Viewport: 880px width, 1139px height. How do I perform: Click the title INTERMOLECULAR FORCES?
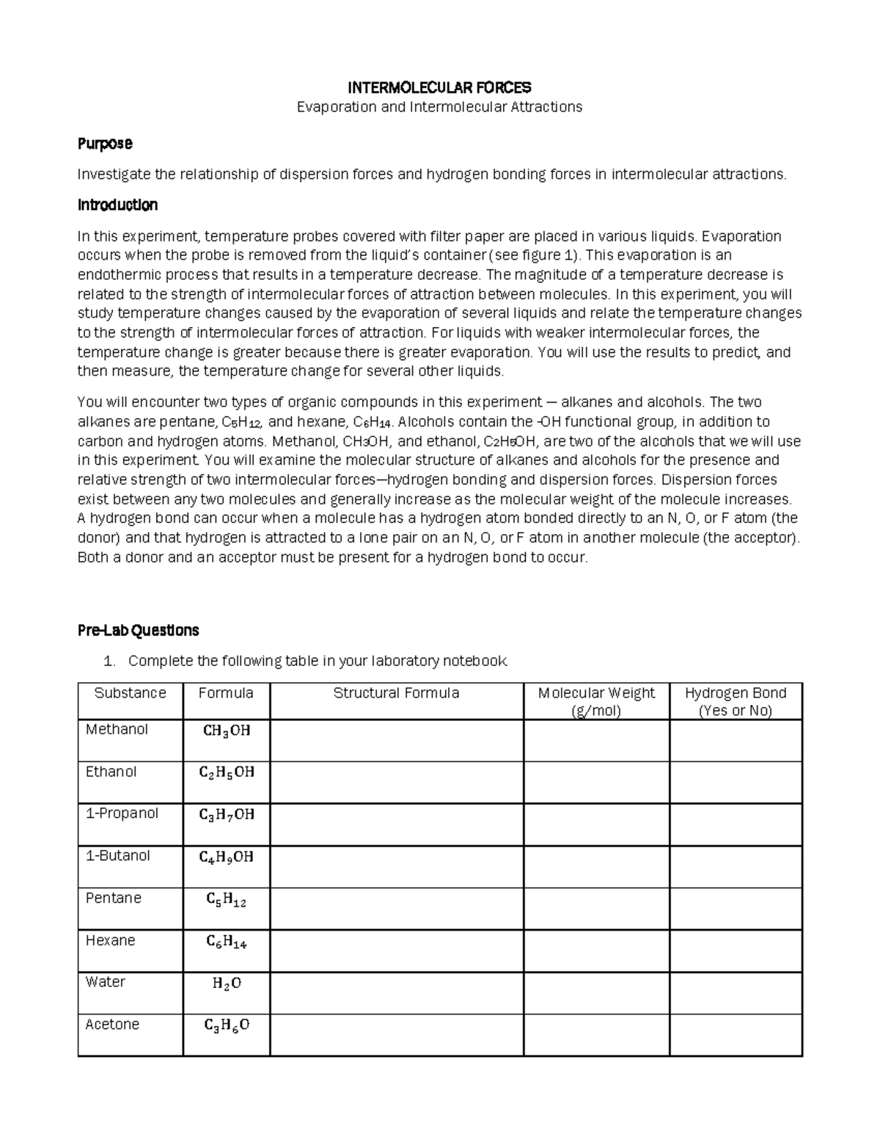(439, 88)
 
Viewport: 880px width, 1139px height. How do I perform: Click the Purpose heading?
(105, 144)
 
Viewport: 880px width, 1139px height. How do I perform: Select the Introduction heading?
(117, 205)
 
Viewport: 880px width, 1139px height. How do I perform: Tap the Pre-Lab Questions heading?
(139, 631)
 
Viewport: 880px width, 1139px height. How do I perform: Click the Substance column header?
(130, 693)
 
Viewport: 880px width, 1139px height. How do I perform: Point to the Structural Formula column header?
(396, 693)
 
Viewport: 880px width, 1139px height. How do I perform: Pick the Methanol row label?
(117, 730)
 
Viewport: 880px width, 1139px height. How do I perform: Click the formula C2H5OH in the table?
(227, 772)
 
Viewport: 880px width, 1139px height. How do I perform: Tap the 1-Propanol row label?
(122, 813)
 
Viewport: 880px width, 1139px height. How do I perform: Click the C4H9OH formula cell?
(227, 857)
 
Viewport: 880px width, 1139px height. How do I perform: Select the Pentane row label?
(113, 898)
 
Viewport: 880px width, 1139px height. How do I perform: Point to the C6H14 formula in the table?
(227, 942)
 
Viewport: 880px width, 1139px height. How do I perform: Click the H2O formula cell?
(227, 984)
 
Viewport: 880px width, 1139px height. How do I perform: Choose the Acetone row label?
(112, 1025)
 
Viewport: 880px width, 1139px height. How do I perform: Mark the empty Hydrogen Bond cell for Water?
(736, 993)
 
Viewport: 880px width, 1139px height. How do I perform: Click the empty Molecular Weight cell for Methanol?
(596, 740)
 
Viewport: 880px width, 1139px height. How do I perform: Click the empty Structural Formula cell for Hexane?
(396, 951)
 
